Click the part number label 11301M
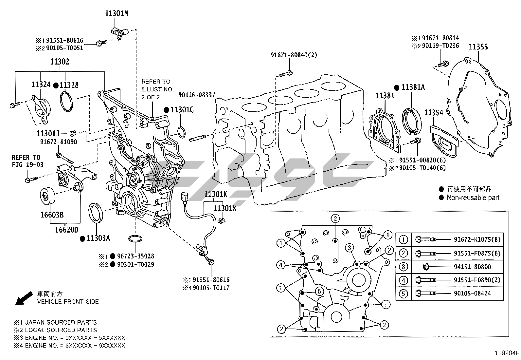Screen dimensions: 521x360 (x=117, y=13)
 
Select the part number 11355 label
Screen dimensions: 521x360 (x=478, y=47)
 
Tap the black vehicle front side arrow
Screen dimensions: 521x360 (x=24, y=298)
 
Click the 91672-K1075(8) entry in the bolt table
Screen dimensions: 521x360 (x=477, y=239)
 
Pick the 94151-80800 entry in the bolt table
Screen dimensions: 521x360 (x=472, y=267)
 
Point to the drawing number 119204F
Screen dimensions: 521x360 (x=507, y=353)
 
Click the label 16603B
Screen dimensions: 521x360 (x=52, y=215)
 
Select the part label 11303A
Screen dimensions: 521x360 (x=98, y=238)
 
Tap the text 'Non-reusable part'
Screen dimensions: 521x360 (x=473, y=198)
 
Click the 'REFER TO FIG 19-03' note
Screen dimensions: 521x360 (x=28, y=161)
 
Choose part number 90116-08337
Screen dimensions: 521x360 (x=197, y=95)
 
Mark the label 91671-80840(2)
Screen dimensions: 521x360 (x=294, y=55)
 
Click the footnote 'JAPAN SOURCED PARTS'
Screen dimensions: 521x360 (x=61, y=323)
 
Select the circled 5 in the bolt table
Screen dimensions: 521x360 (x=403, y=294)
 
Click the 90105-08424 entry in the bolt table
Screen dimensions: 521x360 (x=472, y=293)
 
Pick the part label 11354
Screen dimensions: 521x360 (x=434, y=113)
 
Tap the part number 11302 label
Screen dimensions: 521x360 (x=60, y=62)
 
